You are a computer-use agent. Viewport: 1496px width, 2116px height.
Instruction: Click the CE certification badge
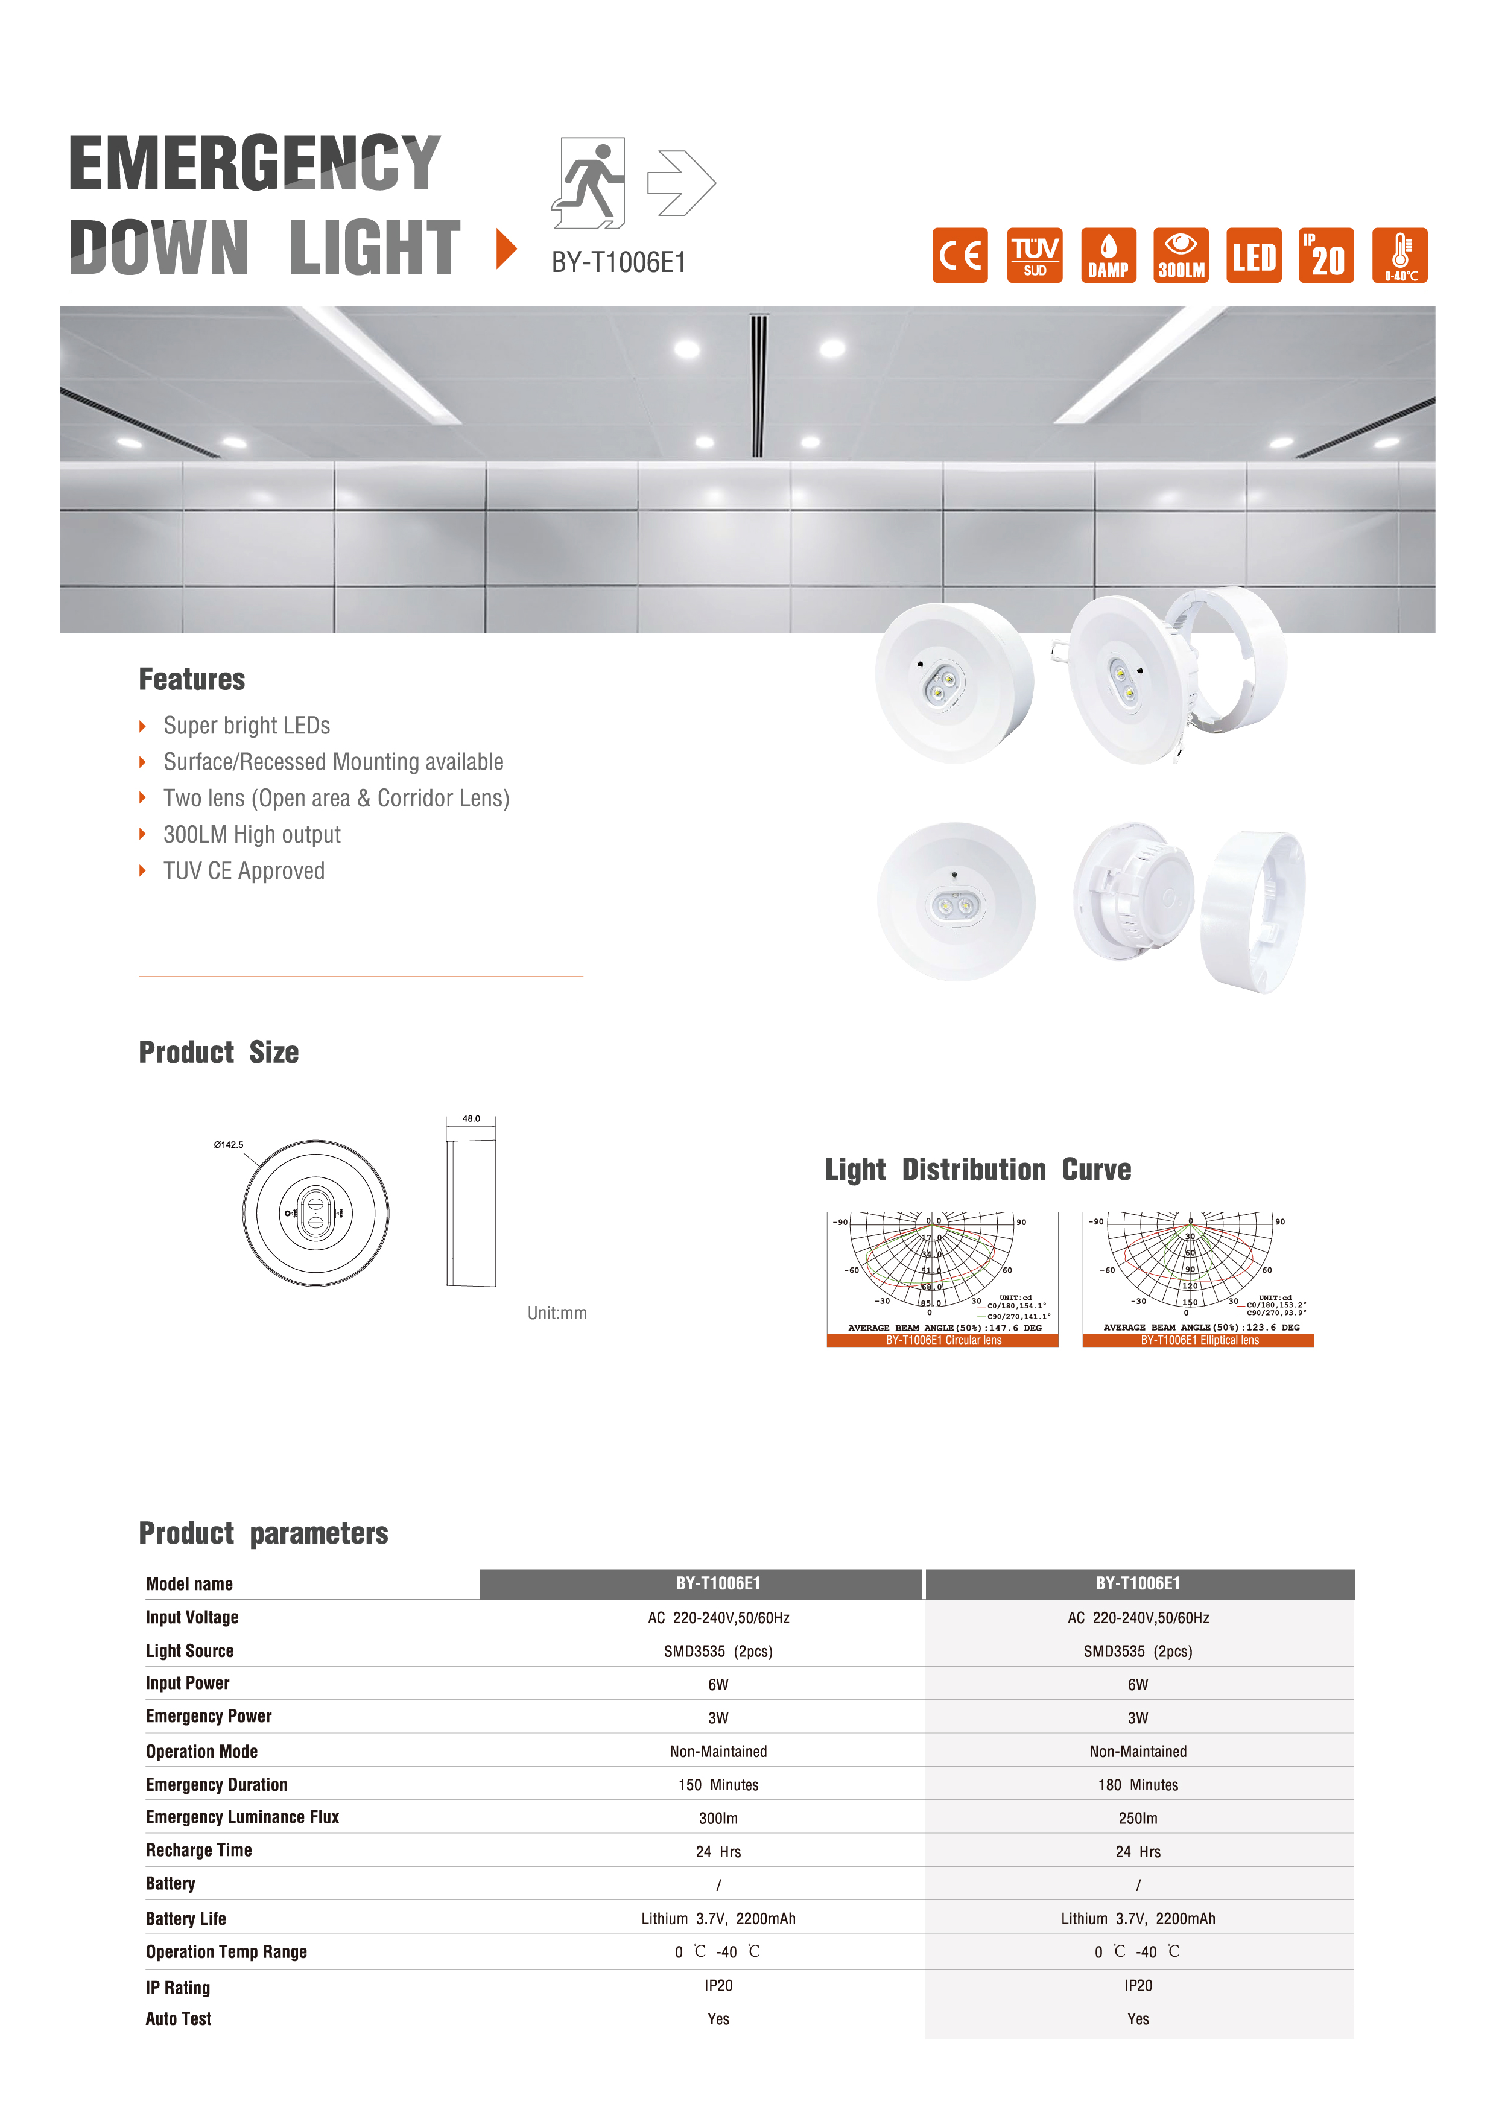(960, 255)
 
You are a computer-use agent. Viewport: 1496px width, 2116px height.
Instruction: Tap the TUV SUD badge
(1034, 255)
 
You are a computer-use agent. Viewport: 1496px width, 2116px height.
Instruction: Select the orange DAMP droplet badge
(1108, 255)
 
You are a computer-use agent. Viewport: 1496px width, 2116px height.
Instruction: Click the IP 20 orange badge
(1326, 255)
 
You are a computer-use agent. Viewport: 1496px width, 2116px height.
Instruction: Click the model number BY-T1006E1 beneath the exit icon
(618, 262)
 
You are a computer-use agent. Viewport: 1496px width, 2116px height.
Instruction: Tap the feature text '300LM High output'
(252, 835)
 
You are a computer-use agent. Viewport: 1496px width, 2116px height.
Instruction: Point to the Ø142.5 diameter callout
(229, 1145)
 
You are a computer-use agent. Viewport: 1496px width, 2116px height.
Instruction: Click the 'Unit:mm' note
(557, 1313)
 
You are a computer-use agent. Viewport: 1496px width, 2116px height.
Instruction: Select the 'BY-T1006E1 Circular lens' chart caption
(943, 1340)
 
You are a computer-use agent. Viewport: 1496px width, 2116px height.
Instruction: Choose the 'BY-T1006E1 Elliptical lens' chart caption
(1199, 1340)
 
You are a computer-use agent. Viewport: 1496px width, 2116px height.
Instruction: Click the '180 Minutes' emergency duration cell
(1138, 1785)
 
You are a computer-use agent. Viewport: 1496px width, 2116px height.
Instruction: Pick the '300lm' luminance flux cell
(718, 1818)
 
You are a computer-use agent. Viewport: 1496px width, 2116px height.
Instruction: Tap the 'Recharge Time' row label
(198, 1851)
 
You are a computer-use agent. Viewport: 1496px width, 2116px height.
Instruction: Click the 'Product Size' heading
(218, 1053)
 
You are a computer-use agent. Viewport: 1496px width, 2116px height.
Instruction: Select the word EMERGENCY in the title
(255, 163)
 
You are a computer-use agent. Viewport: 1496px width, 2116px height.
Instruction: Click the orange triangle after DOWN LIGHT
(506, 249)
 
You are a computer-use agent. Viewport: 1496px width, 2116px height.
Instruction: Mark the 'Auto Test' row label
(178, 2019)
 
